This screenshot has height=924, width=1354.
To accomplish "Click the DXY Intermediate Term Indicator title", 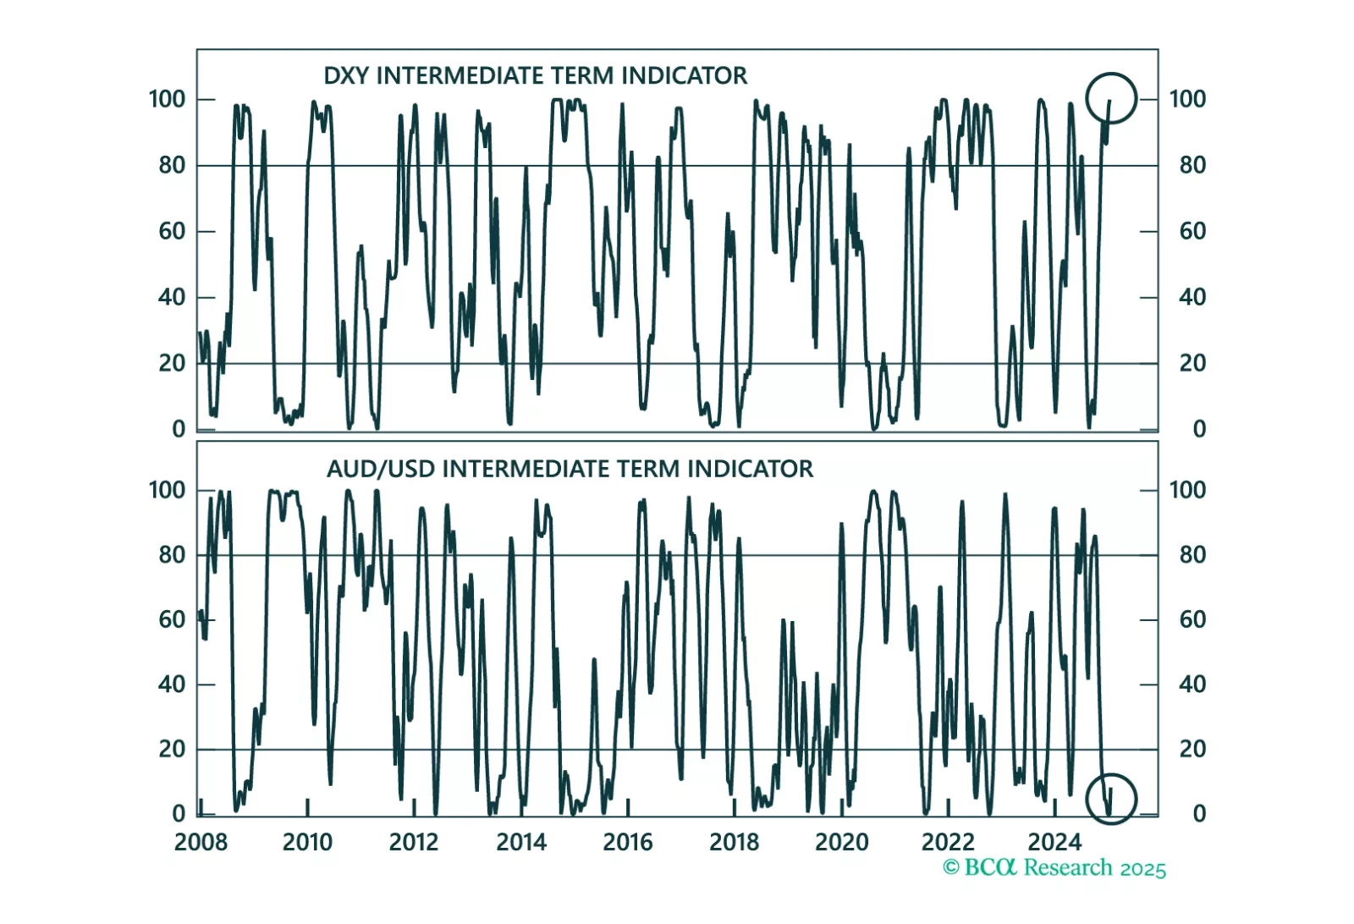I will (535, 76).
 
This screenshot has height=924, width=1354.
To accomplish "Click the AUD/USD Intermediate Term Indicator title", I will (570, 469).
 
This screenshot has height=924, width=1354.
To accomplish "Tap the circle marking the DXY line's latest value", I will (1110, 98).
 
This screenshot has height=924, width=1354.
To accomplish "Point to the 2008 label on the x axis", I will (201, 843).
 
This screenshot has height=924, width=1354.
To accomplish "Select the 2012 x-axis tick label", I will (414, 843).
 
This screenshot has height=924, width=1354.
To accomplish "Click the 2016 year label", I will (628, 843).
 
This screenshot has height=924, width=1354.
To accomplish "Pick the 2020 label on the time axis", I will (841, 843).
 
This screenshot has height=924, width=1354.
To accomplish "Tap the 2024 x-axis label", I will (1054, 843).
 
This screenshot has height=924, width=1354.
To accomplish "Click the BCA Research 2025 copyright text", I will (1054, 868).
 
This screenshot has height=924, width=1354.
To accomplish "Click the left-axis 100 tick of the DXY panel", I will (167, 99).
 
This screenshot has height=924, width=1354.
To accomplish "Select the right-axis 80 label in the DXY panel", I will (1192, 165).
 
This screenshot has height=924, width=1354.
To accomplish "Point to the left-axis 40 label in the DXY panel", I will (172, 297).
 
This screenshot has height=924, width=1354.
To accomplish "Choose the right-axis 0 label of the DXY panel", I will (1199, 429).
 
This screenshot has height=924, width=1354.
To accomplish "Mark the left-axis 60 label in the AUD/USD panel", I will (172, 619).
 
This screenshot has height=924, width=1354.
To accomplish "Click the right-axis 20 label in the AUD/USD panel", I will (1192, 749).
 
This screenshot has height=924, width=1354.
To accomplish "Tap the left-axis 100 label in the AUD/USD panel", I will (167, 490).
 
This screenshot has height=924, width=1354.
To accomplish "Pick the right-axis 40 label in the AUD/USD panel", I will (1192, 684).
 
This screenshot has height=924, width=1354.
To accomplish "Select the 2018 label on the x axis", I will (735, 843).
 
